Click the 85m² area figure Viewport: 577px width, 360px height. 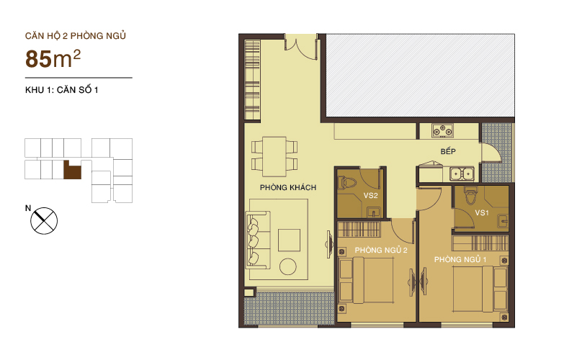click(53, 58)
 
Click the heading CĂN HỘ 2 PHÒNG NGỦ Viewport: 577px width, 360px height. click(76, 36)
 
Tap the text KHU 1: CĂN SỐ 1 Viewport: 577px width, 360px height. click(61, 90)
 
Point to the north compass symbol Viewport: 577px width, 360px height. click(44, 220)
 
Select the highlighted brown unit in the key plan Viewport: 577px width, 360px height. click(73, 171)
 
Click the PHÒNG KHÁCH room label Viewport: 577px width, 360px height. click(288, 187)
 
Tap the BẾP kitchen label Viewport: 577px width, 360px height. click(448, 151)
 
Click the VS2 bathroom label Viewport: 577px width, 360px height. click(370, 196)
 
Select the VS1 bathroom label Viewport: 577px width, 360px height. click(482, 212)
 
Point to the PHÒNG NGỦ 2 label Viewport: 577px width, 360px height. click(381, 250)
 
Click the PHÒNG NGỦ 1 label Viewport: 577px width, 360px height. click(460, 260)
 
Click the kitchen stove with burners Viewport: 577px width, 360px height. click(443, 130)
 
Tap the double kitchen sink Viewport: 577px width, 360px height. click(462, 174)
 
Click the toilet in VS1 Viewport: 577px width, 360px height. click(470, 195)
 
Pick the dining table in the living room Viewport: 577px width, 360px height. click(274, 157)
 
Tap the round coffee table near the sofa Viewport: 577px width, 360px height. click(287, 267)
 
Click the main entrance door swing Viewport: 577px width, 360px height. click(301, 47)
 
